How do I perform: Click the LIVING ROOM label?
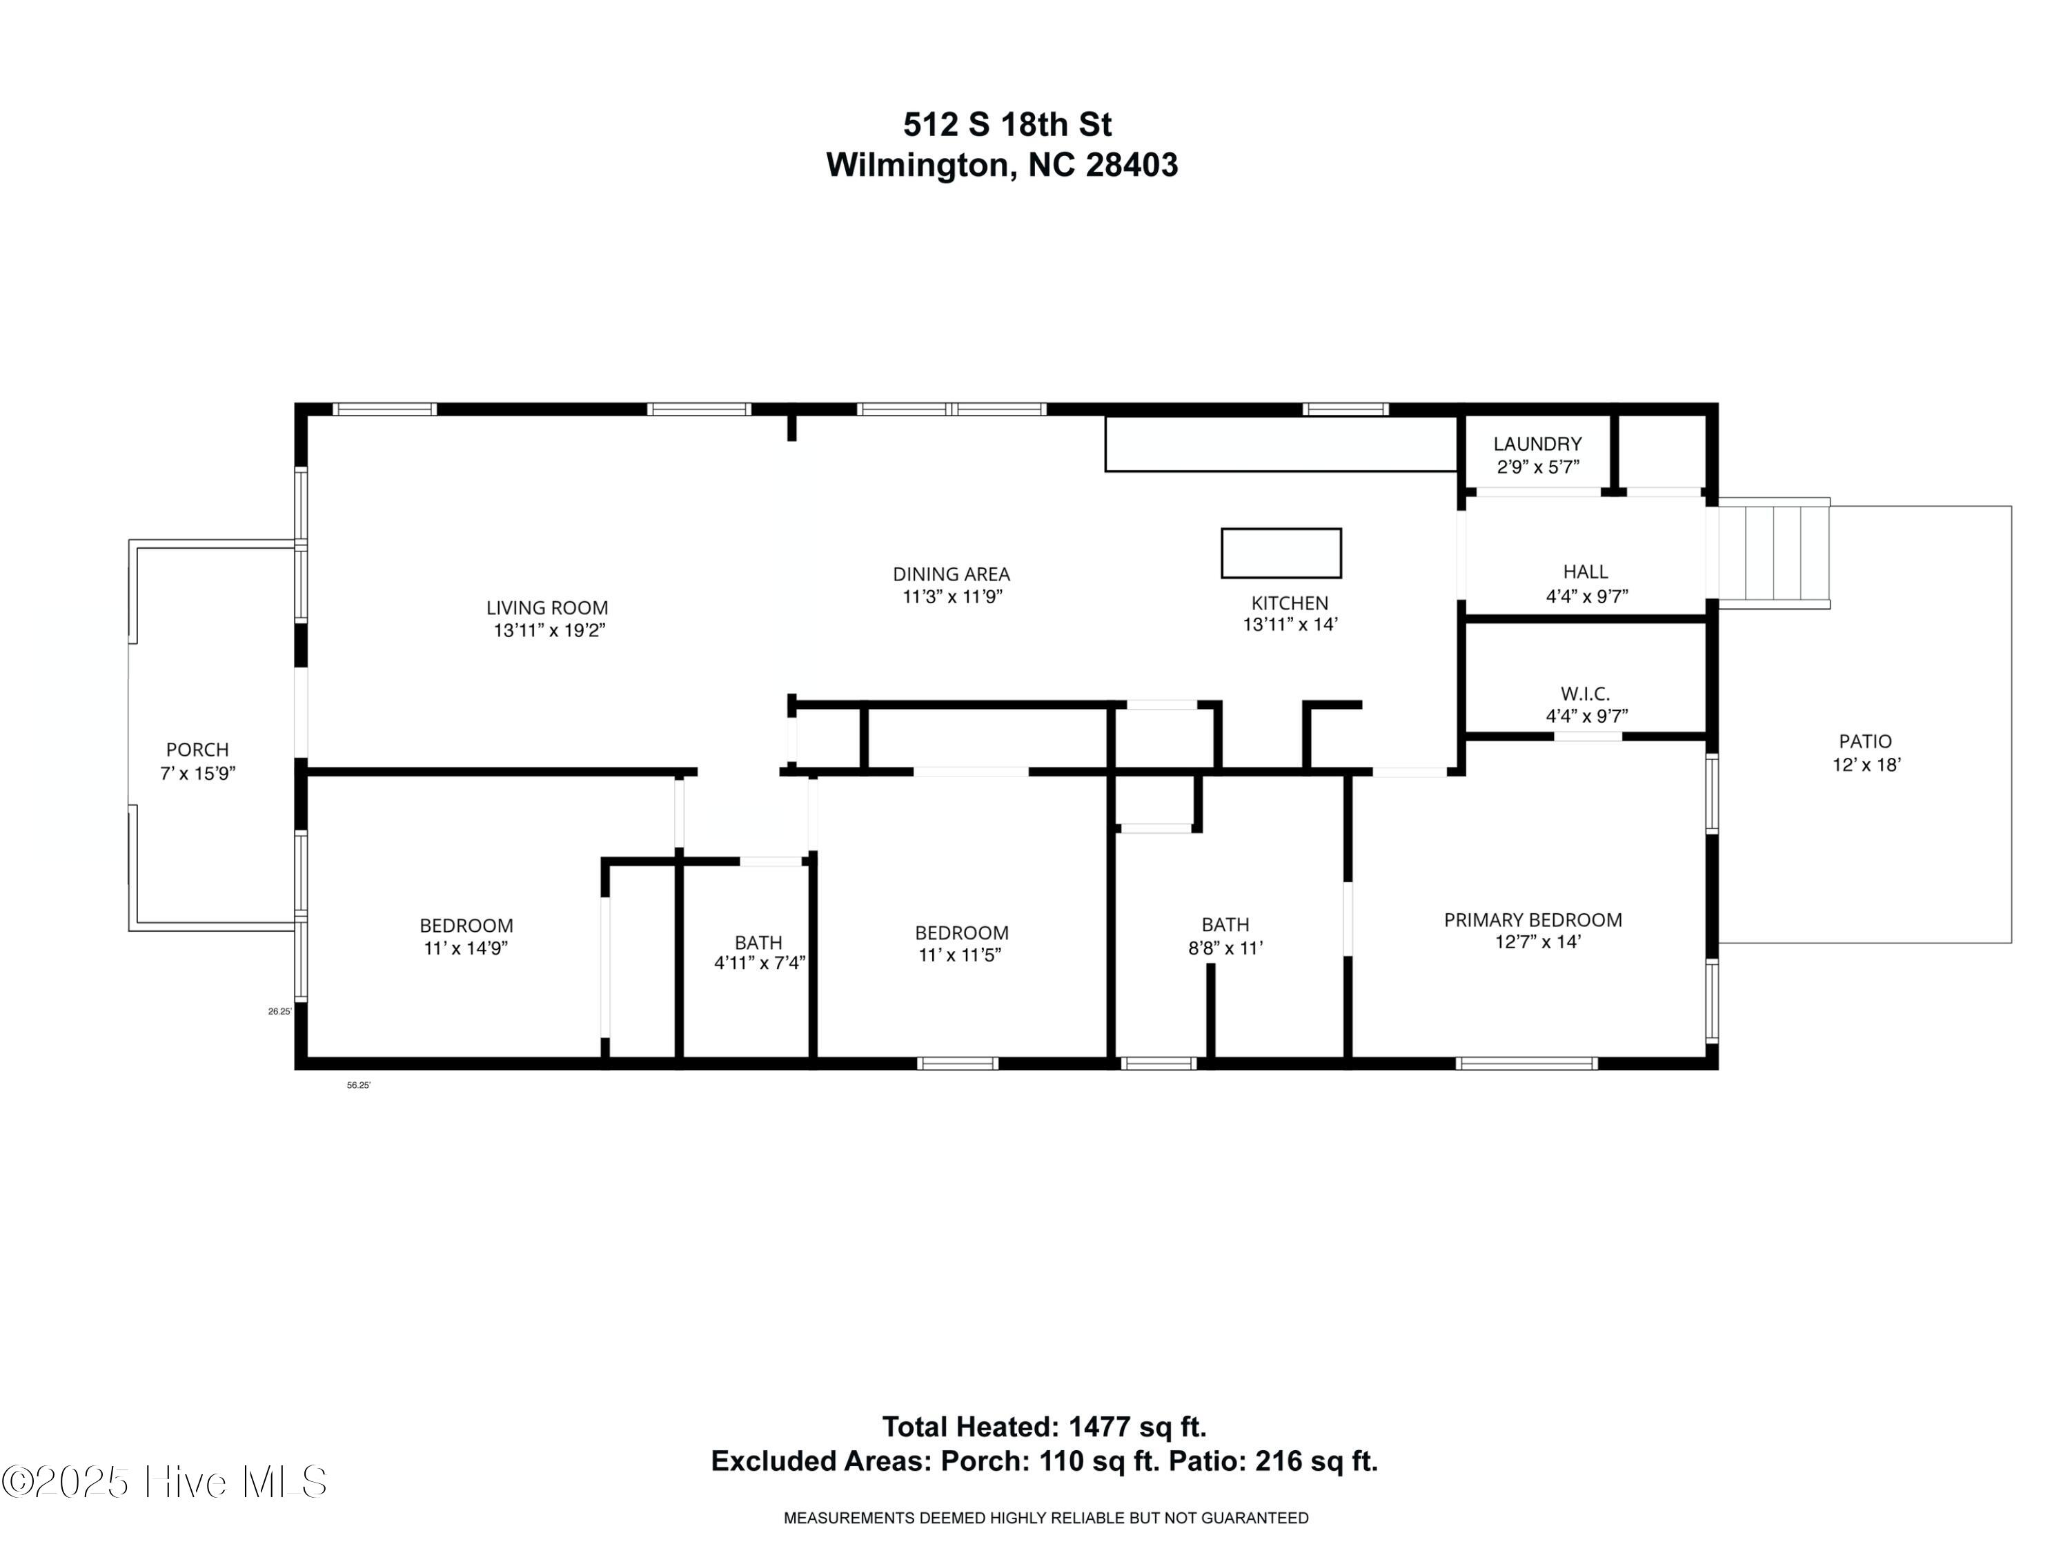click(546, 607)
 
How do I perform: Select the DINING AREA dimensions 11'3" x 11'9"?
click(952, 597)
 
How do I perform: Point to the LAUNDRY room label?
click(1537, 444)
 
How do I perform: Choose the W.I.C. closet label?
click(1585, 694)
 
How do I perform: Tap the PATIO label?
click(1865, 741)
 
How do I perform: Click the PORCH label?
click(197, 750)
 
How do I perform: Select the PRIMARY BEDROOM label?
click(1533, 920)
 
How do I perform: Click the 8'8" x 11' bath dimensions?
click(1225, 948)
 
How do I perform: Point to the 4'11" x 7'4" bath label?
click(758, 943)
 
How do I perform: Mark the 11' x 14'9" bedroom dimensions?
click(466, 948)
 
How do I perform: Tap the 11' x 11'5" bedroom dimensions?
click(961, 956)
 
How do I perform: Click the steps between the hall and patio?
click(1773, 554)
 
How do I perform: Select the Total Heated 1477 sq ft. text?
click(1045, 1427)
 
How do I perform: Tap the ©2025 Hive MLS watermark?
click(165, 1482)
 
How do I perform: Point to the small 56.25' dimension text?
click(358, 1086)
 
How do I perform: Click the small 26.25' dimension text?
click(279, 1012)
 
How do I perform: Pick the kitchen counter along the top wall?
click(1280, 444)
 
